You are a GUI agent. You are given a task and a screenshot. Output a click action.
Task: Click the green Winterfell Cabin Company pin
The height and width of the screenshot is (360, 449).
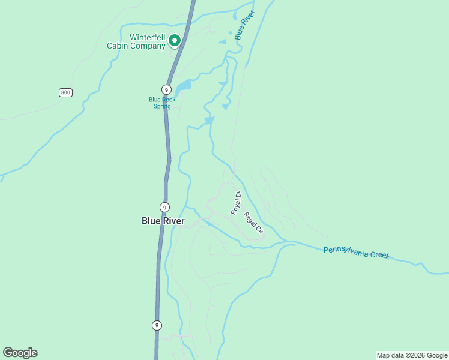pyautogui.click(x=175, y=41)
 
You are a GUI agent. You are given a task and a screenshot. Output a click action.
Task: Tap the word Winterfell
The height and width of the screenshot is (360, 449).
pyautogui.click(x=148, y=37)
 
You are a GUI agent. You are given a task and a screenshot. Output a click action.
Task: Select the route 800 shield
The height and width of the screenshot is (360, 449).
pyautogui.click(x=65, y=92)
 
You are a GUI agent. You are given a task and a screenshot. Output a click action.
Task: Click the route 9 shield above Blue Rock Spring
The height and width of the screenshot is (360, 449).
pyautogui.click(x=166, y=89)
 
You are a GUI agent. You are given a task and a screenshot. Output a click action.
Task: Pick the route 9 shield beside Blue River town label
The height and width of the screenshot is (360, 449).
pyautogui.click(x=164, y=207)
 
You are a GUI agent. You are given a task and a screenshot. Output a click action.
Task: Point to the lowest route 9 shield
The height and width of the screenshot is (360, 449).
pyautogui.click(x=157, y=325)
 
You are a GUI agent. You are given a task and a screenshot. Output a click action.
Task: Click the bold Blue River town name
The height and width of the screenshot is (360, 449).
pyautogui.click(x=163, y=221)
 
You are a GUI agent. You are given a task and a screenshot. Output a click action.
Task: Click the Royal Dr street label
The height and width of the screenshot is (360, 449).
pyautogui.click(x=236, y=203)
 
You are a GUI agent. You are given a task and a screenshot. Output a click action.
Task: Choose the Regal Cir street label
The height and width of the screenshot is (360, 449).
pyautogui.click(x=254, y=221)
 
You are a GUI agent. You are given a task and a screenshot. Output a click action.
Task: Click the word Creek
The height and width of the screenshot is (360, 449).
pyautogui.click(x=379, y=255)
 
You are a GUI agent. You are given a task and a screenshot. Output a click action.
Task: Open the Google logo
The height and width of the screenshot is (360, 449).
pyautogui.click(x=20, y=353)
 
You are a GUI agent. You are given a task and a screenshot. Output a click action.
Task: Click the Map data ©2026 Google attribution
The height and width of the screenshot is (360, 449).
pyautogui.click(x=412, y=355)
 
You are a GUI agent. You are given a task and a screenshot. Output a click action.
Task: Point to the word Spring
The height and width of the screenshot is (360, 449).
pyautogui.click(x=162, y=106)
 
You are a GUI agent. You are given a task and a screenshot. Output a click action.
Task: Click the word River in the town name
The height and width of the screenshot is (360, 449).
pyautogui.click(x=173, y=221)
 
